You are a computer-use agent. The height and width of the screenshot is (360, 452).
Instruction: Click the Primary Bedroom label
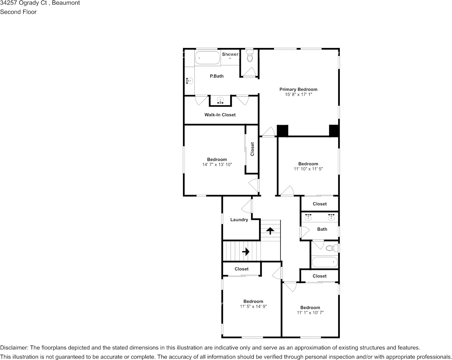point(298,89)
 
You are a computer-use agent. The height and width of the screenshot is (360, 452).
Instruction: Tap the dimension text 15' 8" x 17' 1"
point(298,94)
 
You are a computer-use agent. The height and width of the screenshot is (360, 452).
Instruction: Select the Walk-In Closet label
point(220,115)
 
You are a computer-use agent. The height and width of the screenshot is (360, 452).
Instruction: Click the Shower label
point(230,54)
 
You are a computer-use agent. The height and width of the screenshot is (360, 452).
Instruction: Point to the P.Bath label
point(216,76)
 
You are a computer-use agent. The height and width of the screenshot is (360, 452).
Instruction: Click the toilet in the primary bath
point(250,57)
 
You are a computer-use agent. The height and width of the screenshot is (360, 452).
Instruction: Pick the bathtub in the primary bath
point(208,59)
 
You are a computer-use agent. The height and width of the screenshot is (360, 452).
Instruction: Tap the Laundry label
point(239,220)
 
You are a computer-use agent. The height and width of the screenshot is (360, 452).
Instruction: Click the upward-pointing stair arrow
point(270,231)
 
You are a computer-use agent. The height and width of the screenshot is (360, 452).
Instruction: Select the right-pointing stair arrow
point(245,252)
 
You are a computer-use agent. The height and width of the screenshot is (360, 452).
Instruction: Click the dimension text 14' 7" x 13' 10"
point(217,165)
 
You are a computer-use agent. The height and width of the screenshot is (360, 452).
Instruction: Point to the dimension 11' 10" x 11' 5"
point(308,169)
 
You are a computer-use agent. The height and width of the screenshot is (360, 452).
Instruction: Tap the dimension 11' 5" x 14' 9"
point(253,306)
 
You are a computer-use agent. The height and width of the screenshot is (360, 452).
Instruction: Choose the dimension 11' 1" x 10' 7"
point(310,312)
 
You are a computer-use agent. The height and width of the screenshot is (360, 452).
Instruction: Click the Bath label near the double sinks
point(322,229)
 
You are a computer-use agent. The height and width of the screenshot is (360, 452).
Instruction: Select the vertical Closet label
point(252,149)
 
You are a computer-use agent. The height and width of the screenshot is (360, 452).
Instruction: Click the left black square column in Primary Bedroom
point(282,131)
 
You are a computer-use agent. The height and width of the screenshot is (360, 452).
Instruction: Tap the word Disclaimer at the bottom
point(14,348)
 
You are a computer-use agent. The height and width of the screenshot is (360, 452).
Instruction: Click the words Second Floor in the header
point(18,12)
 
